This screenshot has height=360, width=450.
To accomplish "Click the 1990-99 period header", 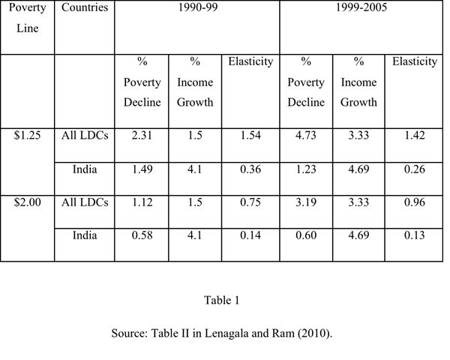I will [196, 8].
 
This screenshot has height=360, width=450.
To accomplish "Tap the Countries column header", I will [84, 8].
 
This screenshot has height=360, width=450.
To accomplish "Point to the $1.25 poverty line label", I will [28, 136].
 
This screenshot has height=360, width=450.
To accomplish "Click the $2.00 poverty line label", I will [28, 202].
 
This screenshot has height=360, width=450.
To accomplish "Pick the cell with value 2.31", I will [142, 136].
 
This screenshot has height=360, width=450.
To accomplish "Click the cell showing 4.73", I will [305, 136].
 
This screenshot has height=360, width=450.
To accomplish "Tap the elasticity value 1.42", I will [414, 136].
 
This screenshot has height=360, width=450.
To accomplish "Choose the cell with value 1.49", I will [142, 169].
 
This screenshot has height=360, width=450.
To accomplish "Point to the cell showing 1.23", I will [305, 169].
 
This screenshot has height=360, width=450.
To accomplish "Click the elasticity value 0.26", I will [414, 169].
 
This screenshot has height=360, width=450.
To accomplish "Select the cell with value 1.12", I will [142, 202].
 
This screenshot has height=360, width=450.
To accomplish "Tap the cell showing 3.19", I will [305, 202].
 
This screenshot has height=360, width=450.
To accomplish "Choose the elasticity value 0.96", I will [414, 202].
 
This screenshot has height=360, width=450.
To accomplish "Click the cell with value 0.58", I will [142, 235].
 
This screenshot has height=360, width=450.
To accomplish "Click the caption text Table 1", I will [221, 301].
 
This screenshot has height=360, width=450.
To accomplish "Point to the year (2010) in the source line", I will [315, 333].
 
